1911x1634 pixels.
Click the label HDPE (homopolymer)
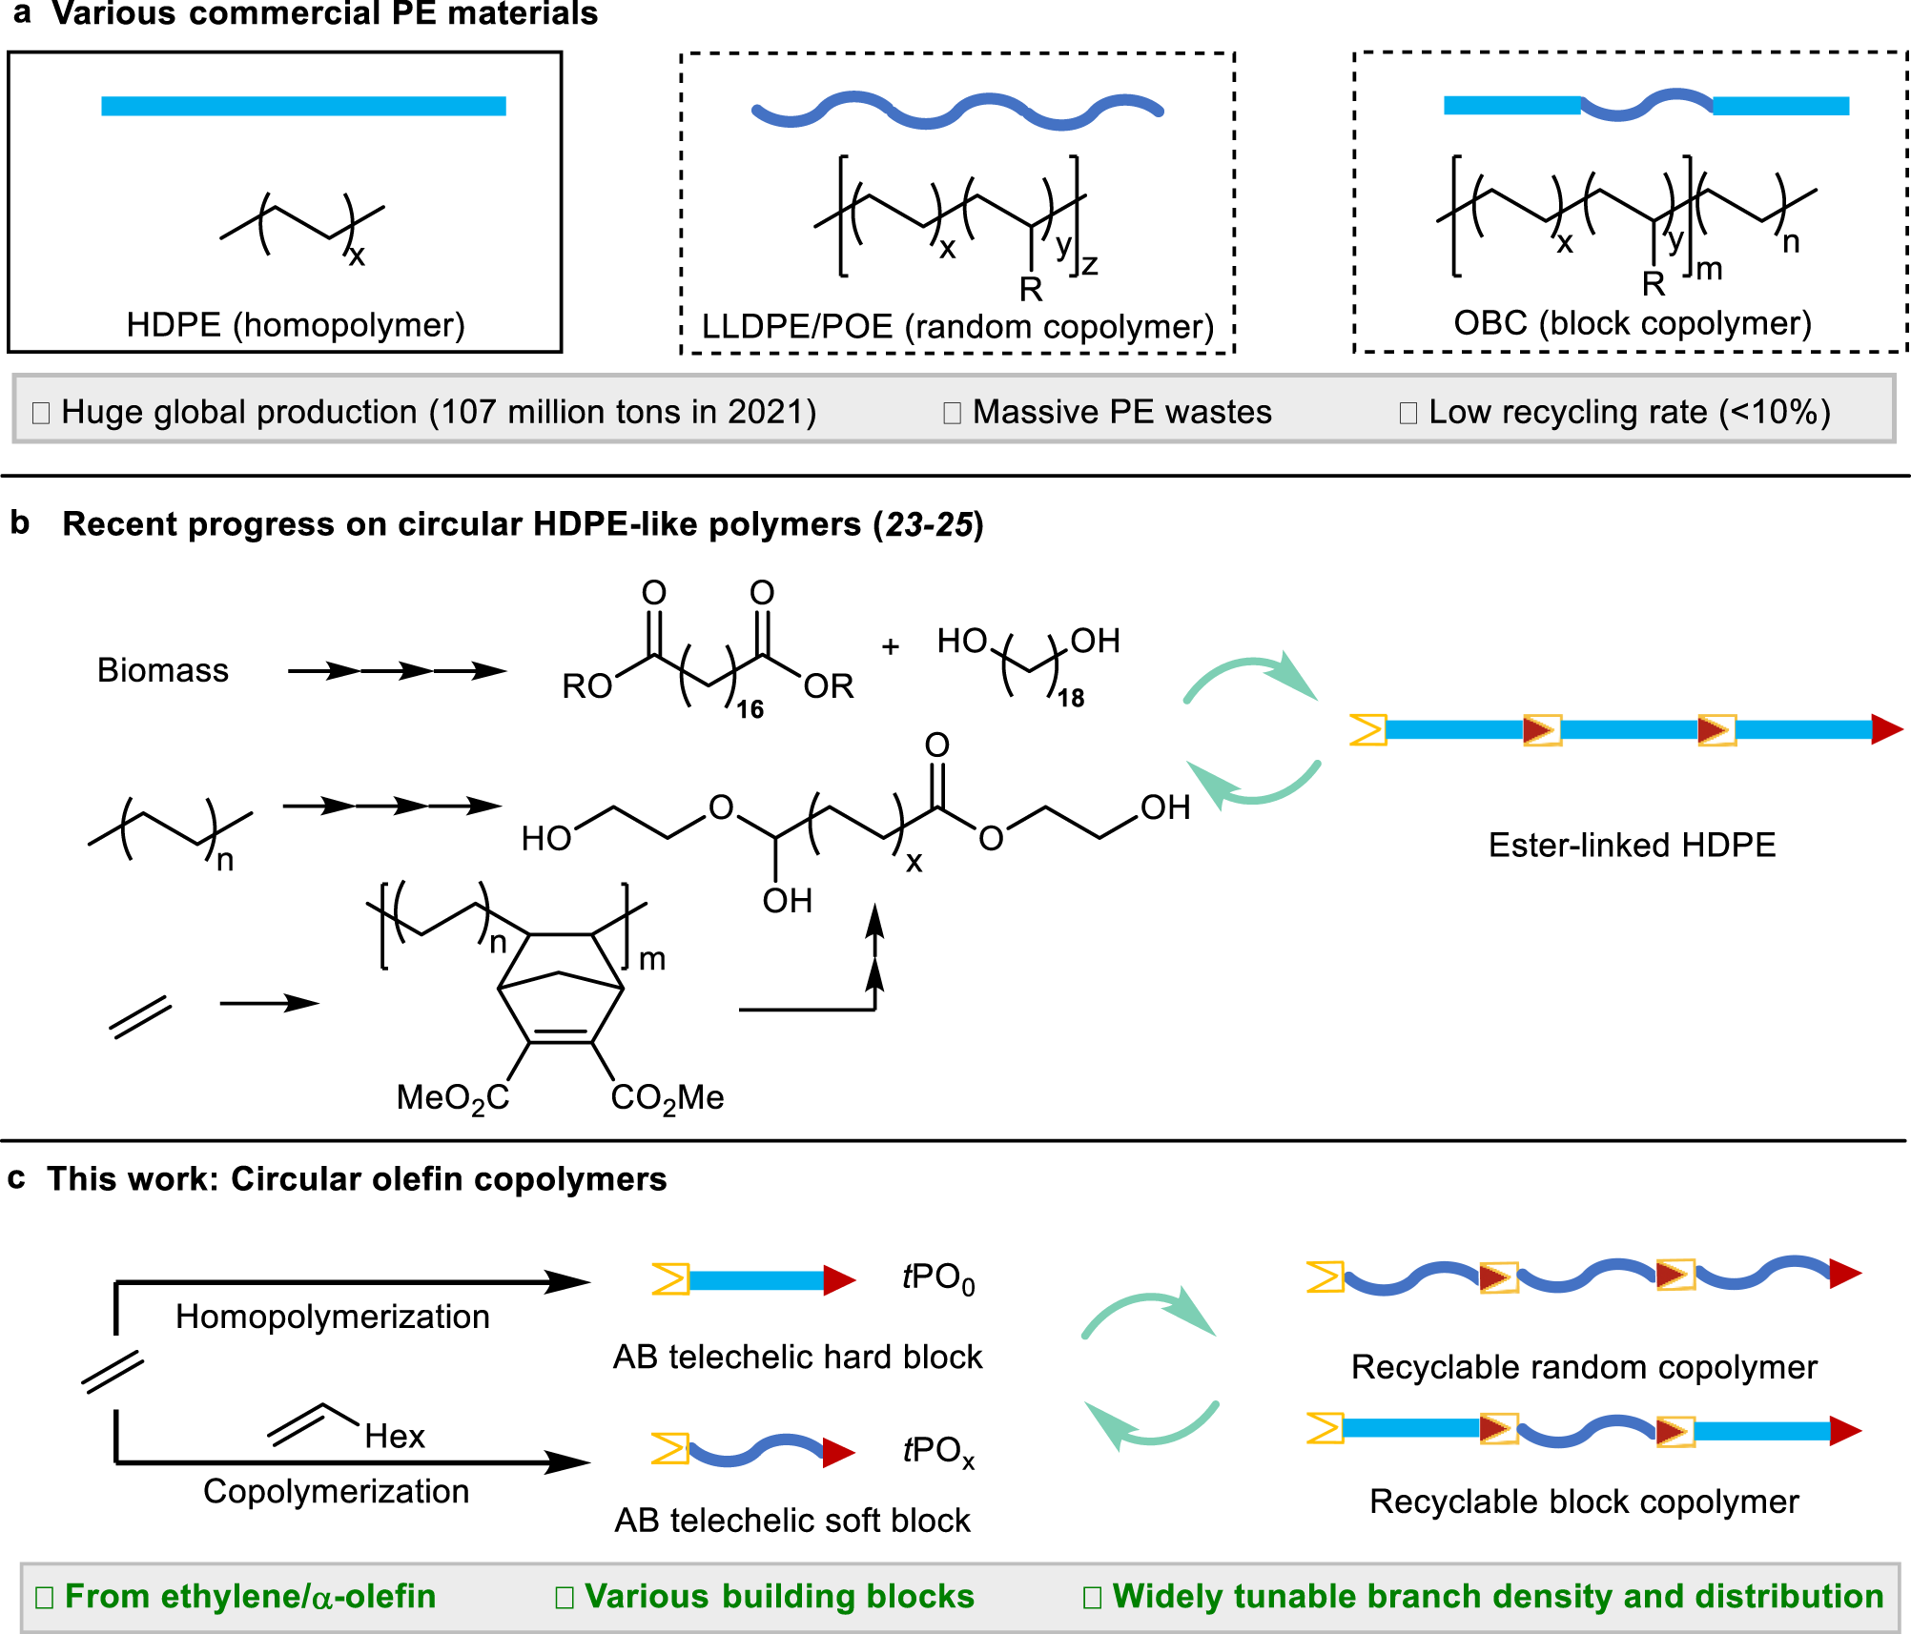(x=296, y=325)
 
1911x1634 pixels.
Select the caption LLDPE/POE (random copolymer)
(x=957, y=327)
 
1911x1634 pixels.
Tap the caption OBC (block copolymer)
(x=1632, y=323)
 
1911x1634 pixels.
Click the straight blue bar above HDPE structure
(x=303, y=106)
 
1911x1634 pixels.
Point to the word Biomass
(x=163, y=670)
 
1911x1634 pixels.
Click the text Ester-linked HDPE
(x=1632, y=845)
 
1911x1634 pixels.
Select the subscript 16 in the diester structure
(x=750, y=709)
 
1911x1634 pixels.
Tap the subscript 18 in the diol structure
(x=1070, y=699)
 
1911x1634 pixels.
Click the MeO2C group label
(x=453, y=1098)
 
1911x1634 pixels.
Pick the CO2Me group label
(x=668, y=1098)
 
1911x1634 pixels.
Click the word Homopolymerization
(x=332, y=1317)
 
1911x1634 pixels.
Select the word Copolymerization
(x=336, y=1491)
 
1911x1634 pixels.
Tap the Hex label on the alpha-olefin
(x=394, y=1436)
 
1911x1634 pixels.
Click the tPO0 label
(x=938, y=1277)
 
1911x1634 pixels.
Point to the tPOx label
(x=938, y=1451)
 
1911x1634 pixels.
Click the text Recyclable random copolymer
(x=1584, y=1367)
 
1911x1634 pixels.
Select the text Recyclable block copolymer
(x=1584, y=1501)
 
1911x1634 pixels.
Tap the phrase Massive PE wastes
(x=1121, y=412)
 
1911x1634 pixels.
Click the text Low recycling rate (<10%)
(x=1629, y=412)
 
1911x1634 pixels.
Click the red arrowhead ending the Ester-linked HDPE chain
(x=1886, y=729)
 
